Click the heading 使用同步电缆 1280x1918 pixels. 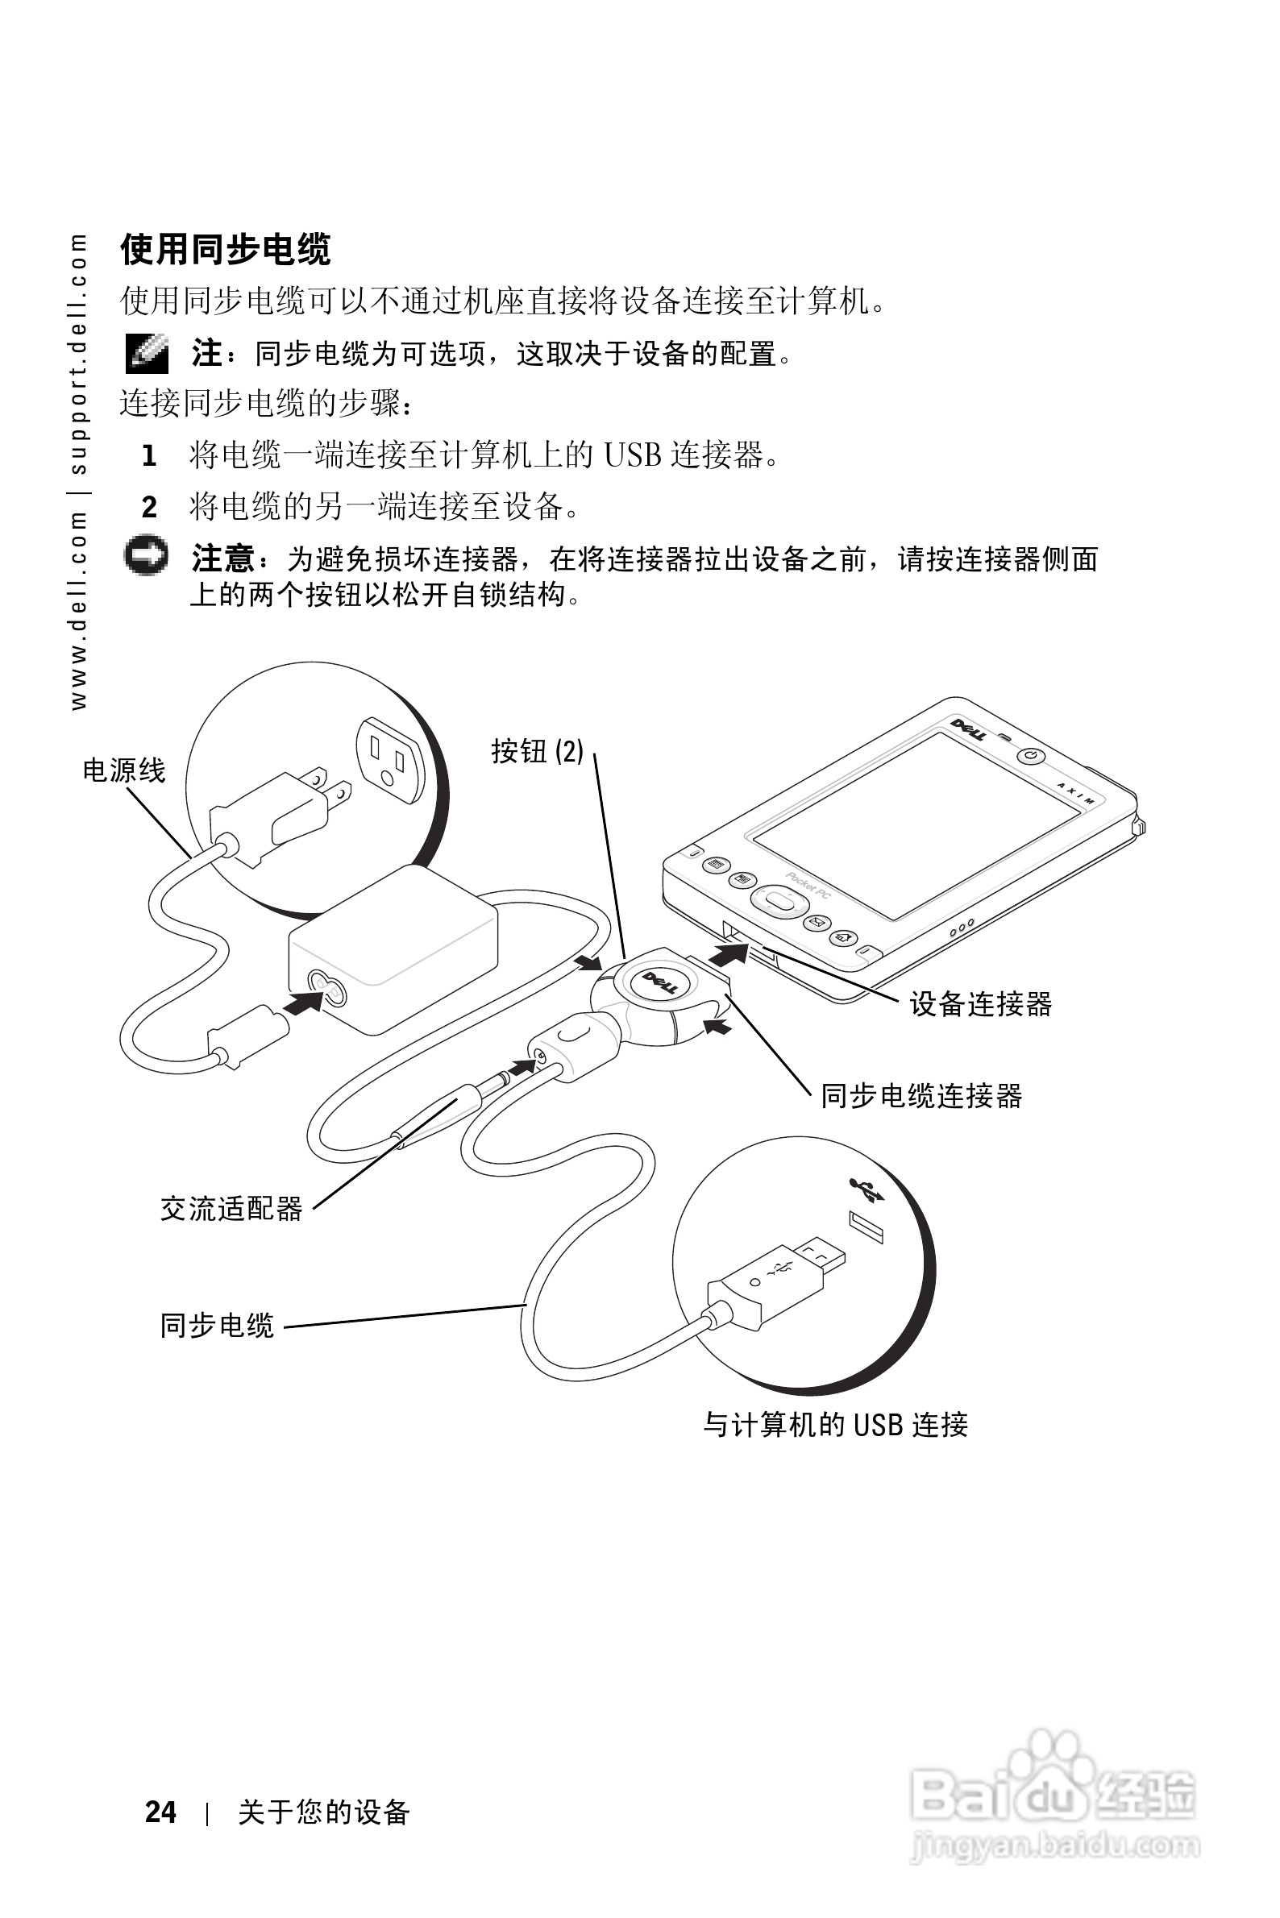click(226, 249)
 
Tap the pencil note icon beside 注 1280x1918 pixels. click(147, 354)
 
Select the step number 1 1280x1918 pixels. click(148, 456)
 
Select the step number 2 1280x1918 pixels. click(148, 508)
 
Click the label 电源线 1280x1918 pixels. click(124, 770)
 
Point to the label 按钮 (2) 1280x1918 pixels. click(537, 751)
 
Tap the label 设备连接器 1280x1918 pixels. click(980, 1004)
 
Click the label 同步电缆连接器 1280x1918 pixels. click(921, 1095)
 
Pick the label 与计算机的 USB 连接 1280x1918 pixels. click(835, 1425)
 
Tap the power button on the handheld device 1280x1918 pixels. click(1032, 756)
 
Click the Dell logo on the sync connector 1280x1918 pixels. click(659, 982)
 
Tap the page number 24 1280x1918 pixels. click(161, 1812)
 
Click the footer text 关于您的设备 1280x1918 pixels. click(323, 1812)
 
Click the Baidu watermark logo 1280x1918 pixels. click(1053, 1795)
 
